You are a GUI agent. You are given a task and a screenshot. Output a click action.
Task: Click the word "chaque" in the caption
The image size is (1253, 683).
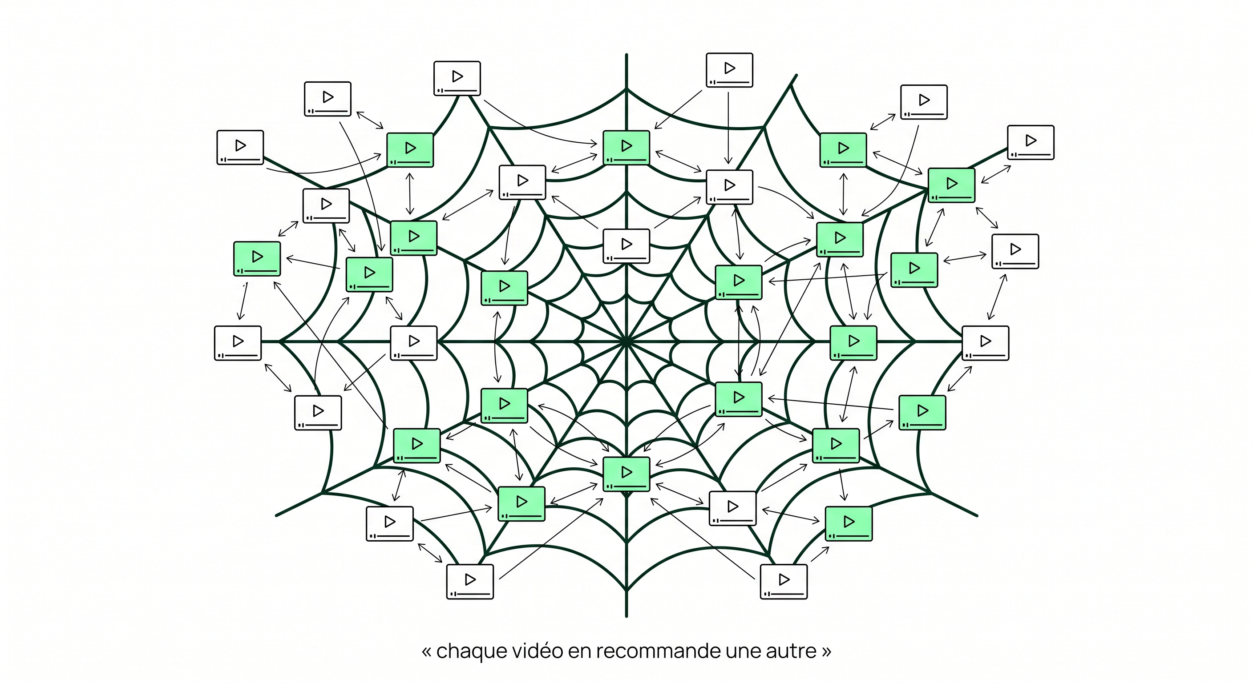point(470,651)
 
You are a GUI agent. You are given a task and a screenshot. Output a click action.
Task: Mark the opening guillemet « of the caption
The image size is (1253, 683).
point(427,652)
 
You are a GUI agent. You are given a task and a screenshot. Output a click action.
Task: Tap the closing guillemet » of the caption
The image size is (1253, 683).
point(826,652)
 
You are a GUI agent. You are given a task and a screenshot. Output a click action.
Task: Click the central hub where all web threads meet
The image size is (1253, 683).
point(626,342)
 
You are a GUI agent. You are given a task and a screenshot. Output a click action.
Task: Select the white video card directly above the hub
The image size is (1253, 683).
point(626,246)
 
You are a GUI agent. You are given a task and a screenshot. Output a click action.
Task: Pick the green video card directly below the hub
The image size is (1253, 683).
point(626,474)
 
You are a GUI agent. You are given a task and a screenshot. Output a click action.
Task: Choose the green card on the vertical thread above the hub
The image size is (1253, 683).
point(626,148)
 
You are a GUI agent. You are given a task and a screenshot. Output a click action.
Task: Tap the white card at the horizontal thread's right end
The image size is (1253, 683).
point(986,343)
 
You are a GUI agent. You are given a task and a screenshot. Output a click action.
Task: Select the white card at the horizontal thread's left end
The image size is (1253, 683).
point(238,343)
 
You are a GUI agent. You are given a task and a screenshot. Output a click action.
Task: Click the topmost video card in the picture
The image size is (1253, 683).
point(730,70)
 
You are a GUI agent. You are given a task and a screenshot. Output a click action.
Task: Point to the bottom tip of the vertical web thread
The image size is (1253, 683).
point(626,616)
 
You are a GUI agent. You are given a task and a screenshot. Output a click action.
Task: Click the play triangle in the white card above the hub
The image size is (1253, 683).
point(627,244)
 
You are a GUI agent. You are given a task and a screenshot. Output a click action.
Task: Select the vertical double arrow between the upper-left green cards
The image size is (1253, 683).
point(410,193)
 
